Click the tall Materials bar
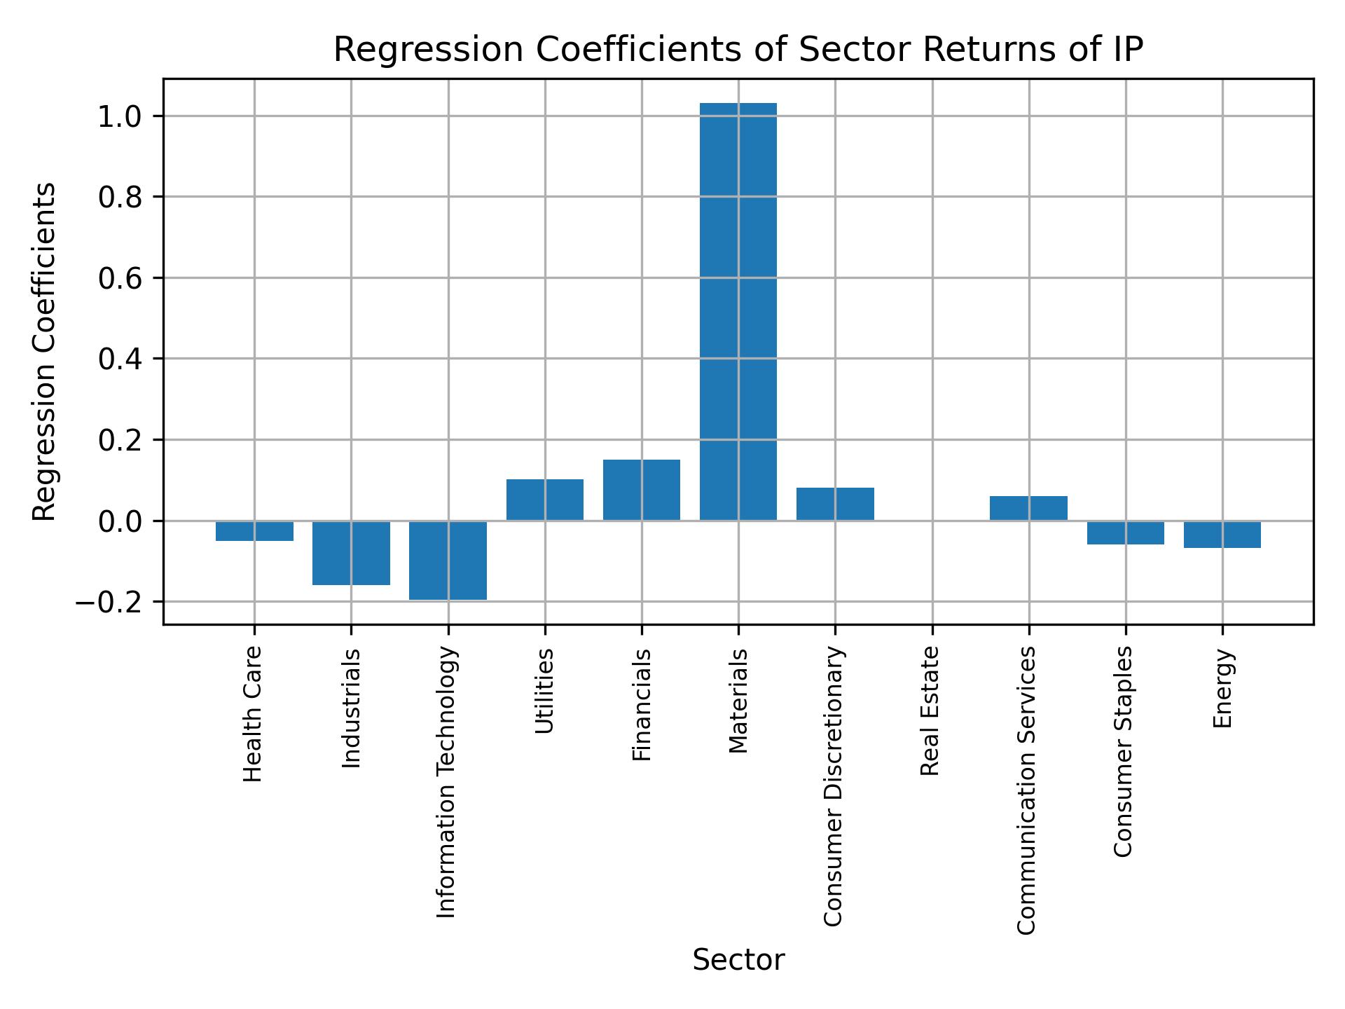(738, 312)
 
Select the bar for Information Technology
(448, 560)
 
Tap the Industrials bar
(351, 553)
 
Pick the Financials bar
(641, 490)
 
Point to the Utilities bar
(544, 500)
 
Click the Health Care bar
(254, 531)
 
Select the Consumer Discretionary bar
(835, 504)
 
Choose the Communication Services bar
(1028, 508)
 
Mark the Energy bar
(1222, 535)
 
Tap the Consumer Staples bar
(1125, 533)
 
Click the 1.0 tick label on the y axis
(120, 116)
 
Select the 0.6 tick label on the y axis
(120, 279)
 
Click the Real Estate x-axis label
(930, 711)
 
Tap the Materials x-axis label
(738, 701)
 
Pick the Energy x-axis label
(1222, 688)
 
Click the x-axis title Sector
(738, 960)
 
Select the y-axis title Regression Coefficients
(45, 352)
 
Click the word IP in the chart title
(1126, 50)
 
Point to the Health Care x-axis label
(253, 714)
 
